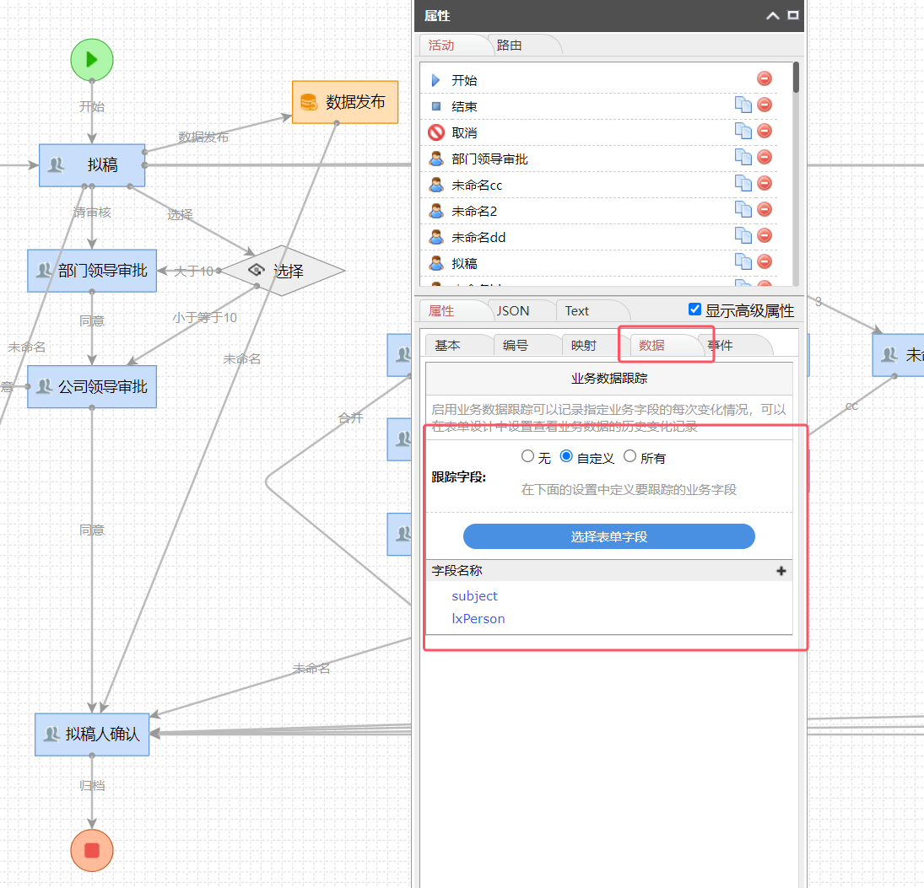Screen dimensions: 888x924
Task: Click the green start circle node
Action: pos(92,59)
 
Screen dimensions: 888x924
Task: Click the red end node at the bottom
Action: pos(92,850)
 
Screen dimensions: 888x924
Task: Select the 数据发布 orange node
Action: pos(345,102)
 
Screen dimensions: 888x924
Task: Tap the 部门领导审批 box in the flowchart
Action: pos(92,271)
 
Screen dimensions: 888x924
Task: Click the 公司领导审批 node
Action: pos(92,387)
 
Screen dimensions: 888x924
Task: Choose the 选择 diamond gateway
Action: pos(283,271)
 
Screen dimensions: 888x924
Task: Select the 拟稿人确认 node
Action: pos(92,735)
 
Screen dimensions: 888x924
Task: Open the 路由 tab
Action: pos(510,46)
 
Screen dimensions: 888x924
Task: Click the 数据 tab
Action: pos(651,345)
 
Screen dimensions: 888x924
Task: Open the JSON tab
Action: pos(513,311)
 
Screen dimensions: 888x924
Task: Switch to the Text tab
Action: pos(577,311)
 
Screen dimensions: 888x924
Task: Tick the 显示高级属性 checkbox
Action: pos(695,309)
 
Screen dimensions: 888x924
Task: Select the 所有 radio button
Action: pos(630,456)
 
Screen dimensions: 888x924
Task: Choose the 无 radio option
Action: pos(528,456)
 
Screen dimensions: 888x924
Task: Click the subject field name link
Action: pos(474,596)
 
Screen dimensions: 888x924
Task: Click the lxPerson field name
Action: pos(478,619)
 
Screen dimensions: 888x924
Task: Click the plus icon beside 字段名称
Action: pos(781,571)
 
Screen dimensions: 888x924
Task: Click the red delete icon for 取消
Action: pos(765,131)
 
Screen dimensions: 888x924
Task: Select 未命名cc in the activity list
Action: pos(477,186)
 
